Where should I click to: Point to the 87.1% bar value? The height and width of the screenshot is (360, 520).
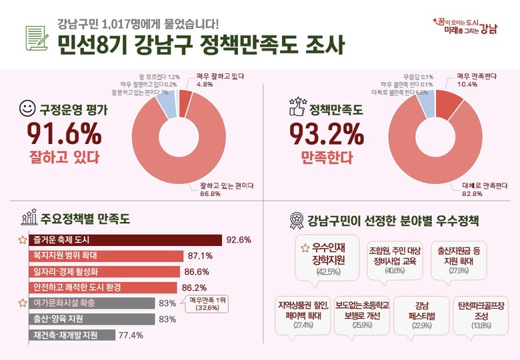coord(200,256)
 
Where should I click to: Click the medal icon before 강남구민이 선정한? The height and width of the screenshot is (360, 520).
coord(295,220)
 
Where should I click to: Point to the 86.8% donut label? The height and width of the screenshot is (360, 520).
coord(229,189)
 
